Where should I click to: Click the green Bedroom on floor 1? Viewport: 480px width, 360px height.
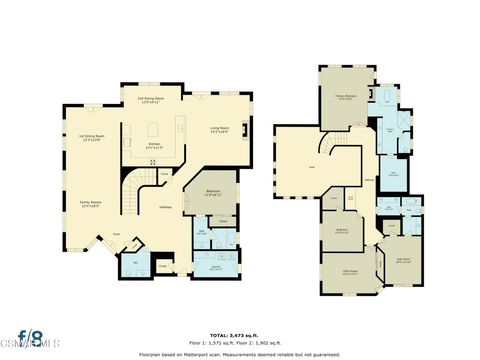(x=212, y=195)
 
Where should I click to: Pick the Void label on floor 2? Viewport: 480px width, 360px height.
(x=311, y=167)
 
